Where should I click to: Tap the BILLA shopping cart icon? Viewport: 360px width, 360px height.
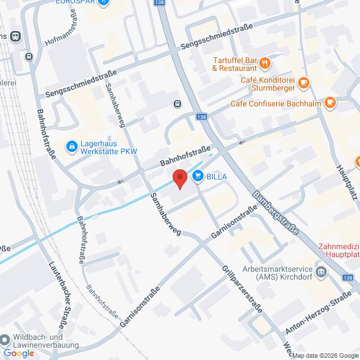click(x=198, y=177)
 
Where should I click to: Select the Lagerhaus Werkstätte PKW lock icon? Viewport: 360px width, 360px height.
click(x=71, y=147)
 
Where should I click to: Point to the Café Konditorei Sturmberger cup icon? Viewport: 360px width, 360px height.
click(x=303, y=83)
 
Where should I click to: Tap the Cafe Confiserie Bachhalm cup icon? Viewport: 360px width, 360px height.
click(x=331, y=103)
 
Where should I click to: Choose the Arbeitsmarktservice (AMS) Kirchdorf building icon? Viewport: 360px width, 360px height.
click(x=321, y=273)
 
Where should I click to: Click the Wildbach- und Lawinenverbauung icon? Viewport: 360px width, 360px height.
click(x=5, y=340)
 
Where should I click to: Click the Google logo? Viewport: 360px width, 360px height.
click(x=18, y=353)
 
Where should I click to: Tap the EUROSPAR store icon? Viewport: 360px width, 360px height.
click(x=103, y=2)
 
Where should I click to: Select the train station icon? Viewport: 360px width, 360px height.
click(x=16, y=36)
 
